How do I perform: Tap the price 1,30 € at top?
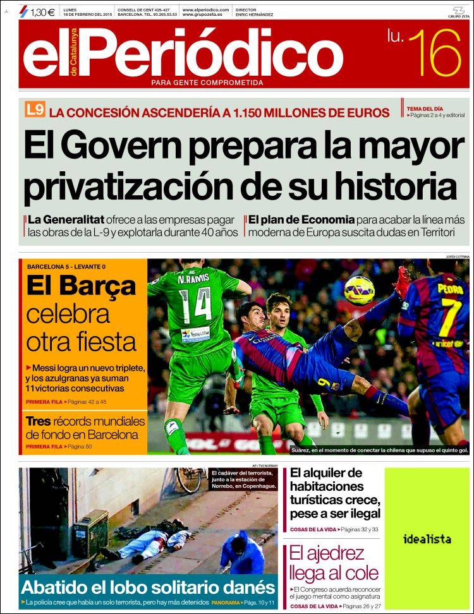tap(42, 11)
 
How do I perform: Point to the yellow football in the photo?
tap(359, 290)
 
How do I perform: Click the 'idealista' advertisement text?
tap(427, 539)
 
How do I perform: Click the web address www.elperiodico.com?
tap(205, 10)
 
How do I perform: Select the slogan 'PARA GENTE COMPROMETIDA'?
tap(207, 83)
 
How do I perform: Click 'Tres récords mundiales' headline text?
tap(85, 422)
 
